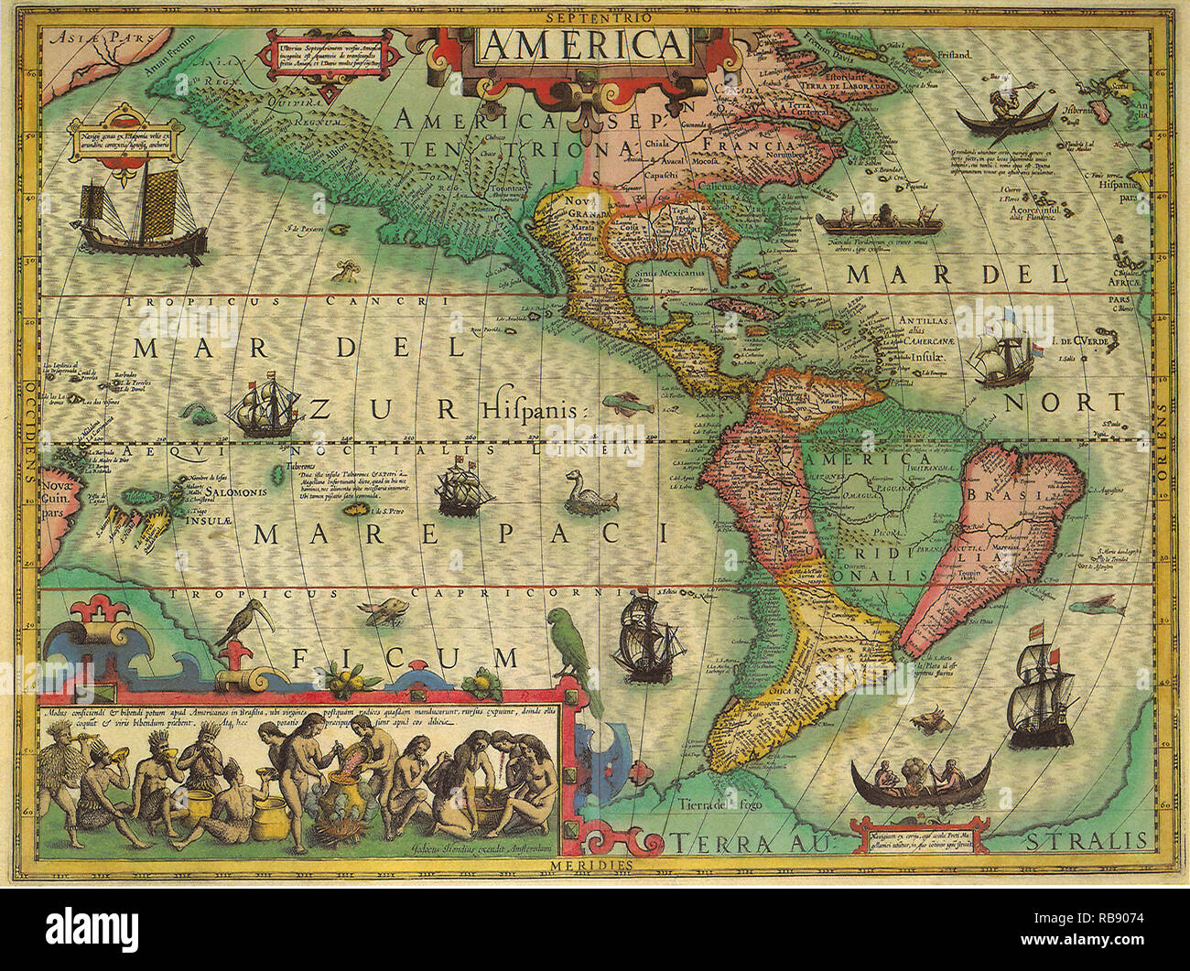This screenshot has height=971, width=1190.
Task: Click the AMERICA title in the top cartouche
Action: click(x=583, y=43)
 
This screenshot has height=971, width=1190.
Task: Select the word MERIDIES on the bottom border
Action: click(x=591, y=863)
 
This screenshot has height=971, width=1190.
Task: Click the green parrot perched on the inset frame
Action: click(x=573, y=650)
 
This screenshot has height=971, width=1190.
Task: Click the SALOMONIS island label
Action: click(x=237, y=491)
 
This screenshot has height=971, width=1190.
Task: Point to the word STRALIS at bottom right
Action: click(x=1085, y=840)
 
